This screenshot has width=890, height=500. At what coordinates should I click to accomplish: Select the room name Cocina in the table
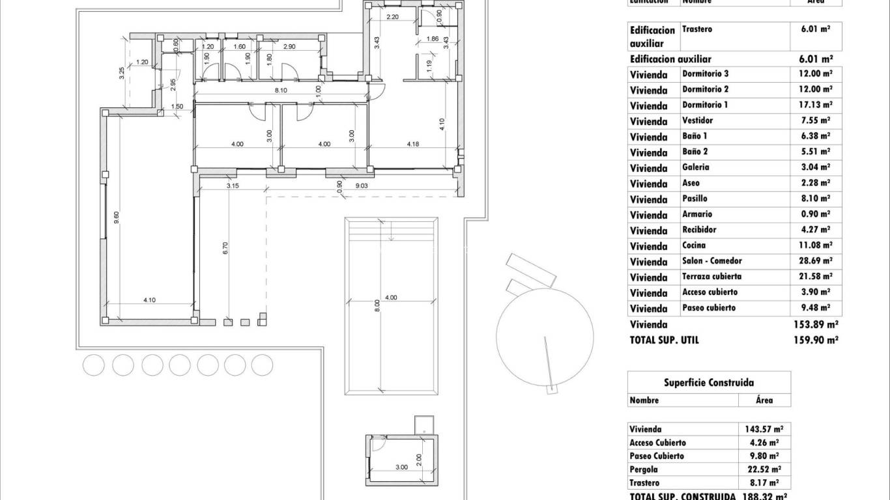pos(694,245)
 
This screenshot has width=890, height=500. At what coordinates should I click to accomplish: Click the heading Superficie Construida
pos(709,383)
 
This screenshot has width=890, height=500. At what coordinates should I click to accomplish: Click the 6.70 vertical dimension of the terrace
pos(225,247)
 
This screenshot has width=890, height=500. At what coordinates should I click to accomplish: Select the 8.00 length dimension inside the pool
pos(377,306)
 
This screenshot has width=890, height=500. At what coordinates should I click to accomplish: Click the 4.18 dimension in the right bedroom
pos(413,145)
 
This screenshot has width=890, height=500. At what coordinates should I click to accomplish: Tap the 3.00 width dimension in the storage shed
pos(401,467)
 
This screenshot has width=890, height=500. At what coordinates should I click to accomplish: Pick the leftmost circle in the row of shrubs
pos(93,365)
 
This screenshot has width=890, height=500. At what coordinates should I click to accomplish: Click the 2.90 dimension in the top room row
pos(289,46)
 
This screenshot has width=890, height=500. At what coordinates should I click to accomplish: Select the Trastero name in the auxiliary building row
pos(696,29)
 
